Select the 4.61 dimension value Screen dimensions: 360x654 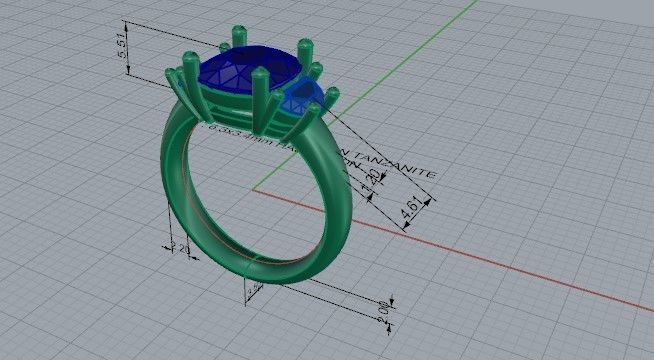coord(409,211)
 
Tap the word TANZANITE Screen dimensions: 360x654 coord(400,166)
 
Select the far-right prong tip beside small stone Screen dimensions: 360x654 coord(332,93)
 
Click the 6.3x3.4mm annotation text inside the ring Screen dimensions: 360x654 coord(240,133)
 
